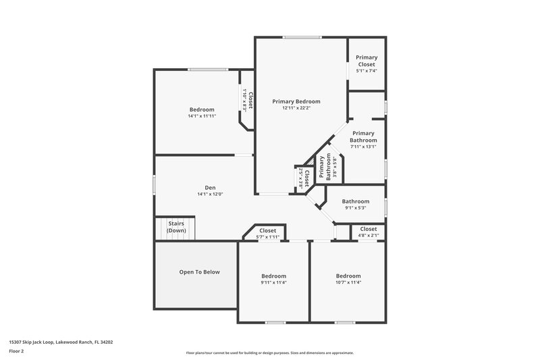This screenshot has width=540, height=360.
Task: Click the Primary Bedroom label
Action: point(296,101)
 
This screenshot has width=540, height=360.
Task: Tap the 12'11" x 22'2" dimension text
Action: point(296,108)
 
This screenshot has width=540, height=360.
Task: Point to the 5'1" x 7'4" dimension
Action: point(367,70)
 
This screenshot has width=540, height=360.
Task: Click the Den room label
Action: point(210,187)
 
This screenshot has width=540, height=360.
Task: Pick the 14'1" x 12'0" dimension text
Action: point(210,195)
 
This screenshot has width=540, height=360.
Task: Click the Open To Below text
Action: point(199,272)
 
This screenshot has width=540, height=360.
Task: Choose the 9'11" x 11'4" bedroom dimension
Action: point(273,283)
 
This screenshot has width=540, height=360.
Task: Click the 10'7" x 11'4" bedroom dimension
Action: point(348,283)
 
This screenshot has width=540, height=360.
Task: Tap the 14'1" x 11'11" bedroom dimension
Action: point(202,116)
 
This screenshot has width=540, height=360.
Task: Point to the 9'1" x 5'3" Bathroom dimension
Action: point(355,208)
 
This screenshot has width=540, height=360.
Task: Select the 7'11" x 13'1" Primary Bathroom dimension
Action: point(363,147)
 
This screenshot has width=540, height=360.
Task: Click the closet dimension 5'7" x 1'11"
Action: point(268,237)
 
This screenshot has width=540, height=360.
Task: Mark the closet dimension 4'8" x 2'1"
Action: point(368,236)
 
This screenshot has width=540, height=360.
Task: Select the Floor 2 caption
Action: point(16,351)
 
